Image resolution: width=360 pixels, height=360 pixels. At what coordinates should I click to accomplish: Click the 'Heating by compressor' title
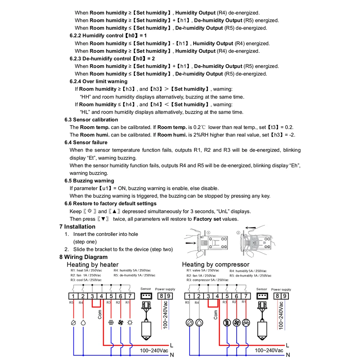[x=215, y=265]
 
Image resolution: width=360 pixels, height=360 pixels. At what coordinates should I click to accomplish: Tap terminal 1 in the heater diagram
[x=73, y=296]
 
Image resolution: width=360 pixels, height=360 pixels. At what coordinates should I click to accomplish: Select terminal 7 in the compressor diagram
[x=246, y=296]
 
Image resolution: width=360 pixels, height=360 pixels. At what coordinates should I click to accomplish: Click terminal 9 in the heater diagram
[x=168, y=296]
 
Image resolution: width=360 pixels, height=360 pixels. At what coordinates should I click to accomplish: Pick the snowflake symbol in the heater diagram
[x=111, y=323]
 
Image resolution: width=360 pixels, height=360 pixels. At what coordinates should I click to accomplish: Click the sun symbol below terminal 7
[x=129, y=323]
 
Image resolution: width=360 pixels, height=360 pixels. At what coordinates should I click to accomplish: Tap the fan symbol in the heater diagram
[x=120, y=323]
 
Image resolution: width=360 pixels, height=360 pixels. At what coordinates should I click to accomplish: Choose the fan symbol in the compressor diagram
[x=236, y=323]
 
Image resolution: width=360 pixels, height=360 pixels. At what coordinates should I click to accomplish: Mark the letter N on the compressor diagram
[x=287, y=355]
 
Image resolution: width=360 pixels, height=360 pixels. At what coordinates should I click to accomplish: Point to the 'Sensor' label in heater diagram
[x=146, y=289]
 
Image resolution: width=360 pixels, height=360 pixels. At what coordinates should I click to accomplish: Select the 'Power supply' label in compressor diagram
[x=281, y=289]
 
